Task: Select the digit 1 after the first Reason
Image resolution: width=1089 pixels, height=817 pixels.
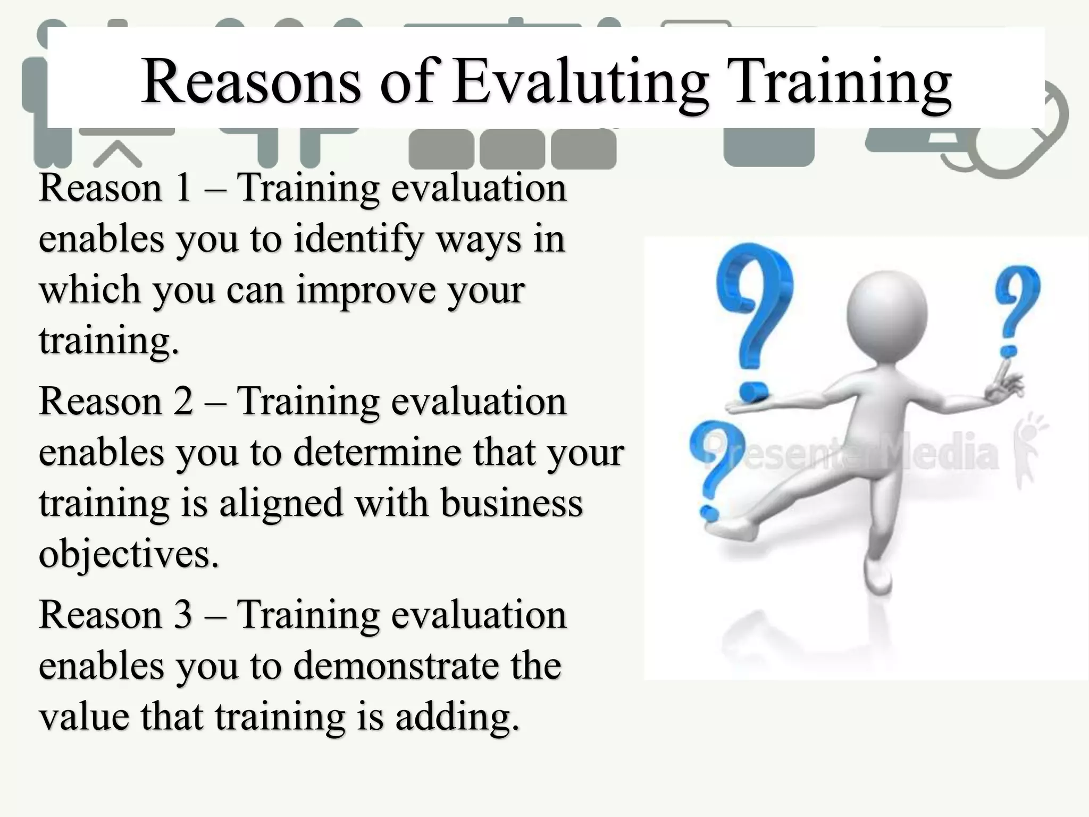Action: (x=183, y=189)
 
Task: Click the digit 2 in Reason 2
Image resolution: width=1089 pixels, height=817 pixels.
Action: (x=183, y=402)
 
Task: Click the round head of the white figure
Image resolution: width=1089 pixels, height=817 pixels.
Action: (x=886, y=314)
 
